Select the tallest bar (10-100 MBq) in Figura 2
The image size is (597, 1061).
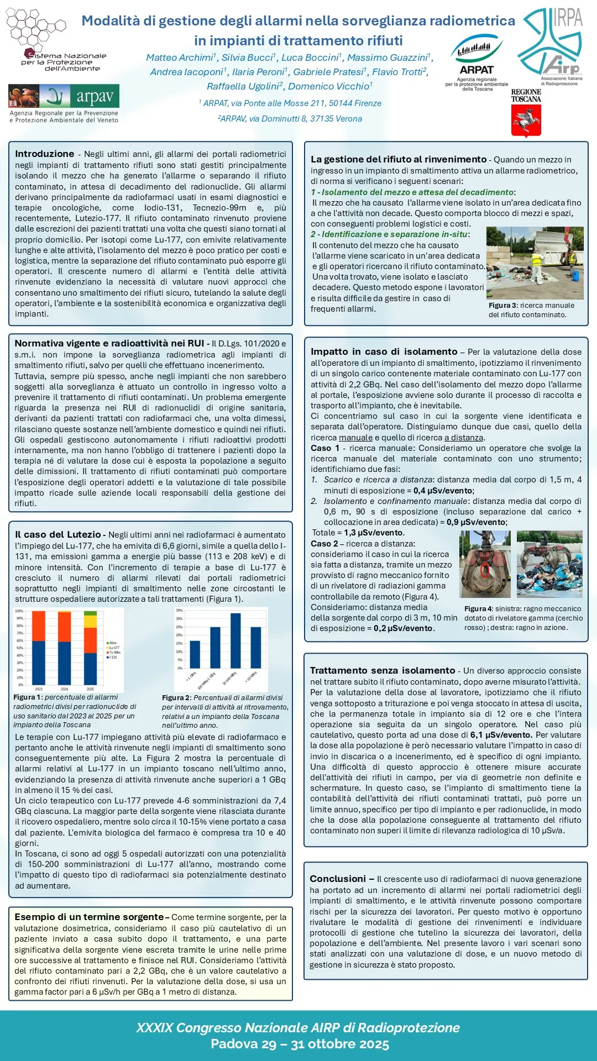coord(235,640)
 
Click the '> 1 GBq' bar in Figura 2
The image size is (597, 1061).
coord(195,654)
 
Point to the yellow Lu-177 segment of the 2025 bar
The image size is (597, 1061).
coord(91,621)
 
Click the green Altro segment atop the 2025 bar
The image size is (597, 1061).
coord(91,613)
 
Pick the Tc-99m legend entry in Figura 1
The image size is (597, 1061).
coord(113,652)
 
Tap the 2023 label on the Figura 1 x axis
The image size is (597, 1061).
coord(39,689)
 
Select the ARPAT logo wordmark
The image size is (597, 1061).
coord(476,70)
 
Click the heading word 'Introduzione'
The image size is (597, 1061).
coord(44,154)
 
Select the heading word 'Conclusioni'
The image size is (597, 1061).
coord(338,879)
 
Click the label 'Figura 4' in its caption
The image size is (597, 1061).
coord(478,608)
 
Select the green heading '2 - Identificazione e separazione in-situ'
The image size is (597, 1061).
coord(389,234)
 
